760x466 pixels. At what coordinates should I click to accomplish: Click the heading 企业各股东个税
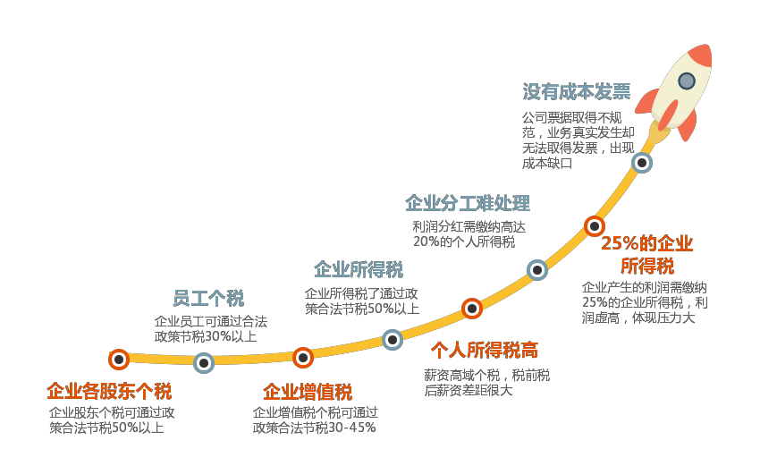(109, 391)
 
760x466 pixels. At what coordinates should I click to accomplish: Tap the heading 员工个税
(208, 298)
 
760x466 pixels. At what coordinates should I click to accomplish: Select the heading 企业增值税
(308, 392)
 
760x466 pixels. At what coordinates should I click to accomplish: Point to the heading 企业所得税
(359, 269)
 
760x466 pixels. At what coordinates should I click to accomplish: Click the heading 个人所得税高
(485, 350)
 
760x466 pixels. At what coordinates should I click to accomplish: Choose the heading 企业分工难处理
(468, 203)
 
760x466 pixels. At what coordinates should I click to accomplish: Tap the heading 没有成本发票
(577, 91)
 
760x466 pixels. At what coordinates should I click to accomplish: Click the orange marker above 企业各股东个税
(119, 360)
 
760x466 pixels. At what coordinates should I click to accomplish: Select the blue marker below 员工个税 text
(204, 363)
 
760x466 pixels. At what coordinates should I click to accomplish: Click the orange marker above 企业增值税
(303, 358)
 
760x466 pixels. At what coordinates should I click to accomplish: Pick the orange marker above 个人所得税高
(471, 309)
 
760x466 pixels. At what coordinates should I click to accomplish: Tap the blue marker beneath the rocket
(642, 163)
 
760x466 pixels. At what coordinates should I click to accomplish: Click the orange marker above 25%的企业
(595, 226)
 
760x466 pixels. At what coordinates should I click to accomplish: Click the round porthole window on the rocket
(687, 81)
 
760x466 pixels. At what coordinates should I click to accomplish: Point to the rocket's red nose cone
(701, 55)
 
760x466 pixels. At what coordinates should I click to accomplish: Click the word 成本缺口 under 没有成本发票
(547, 164)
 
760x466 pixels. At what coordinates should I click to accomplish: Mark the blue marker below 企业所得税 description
(393, 340)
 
